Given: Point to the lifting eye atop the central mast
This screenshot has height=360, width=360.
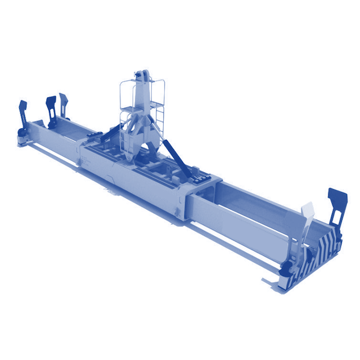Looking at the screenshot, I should pyautogui.click(x=143, y=74).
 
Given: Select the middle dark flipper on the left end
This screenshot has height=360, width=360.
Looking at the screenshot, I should pyautogui.click(x=51, y=105).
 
